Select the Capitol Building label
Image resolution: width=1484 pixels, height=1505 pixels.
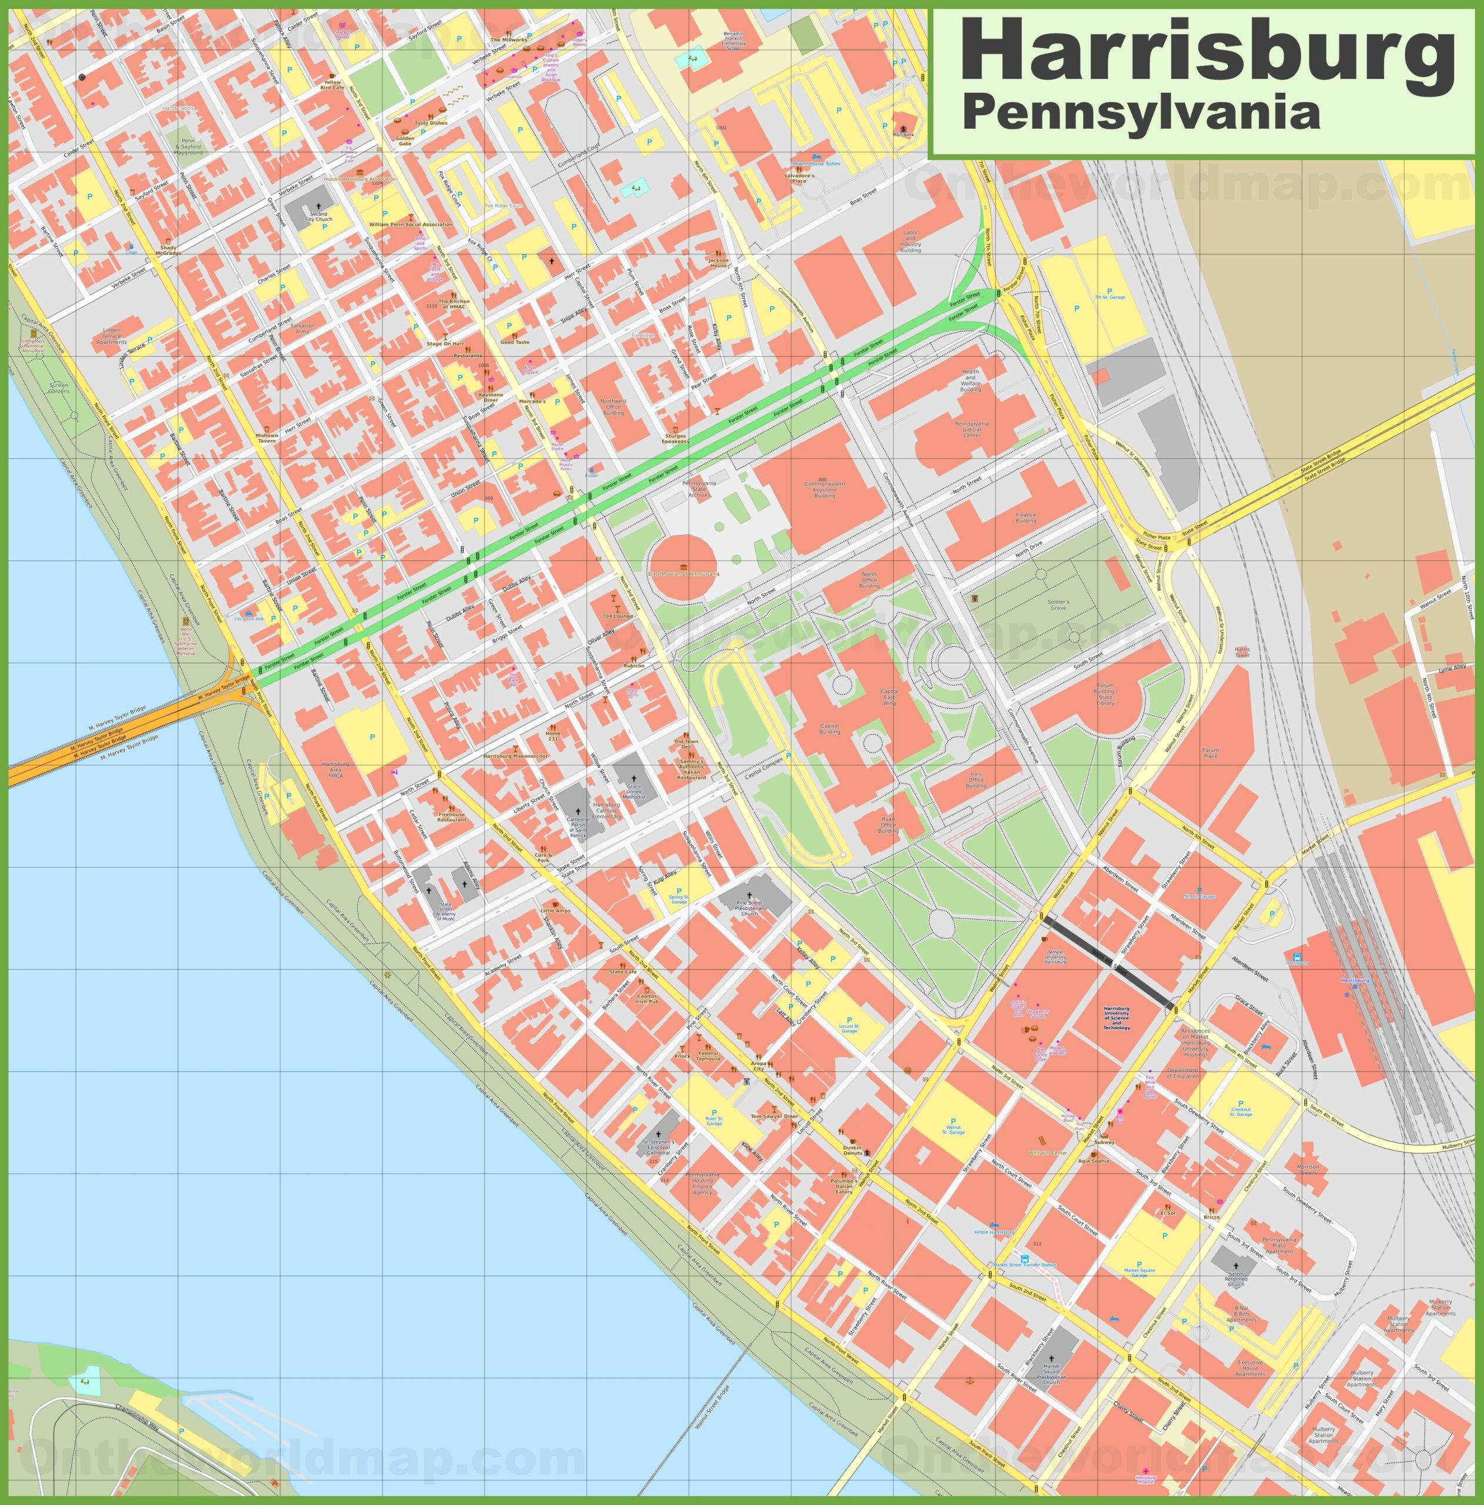point(829,729)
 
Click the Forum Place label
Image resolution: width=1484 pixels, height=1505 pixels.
point(1210,752)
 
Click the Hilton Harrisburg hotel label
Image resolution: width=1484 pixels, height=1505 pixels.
point(994,1232)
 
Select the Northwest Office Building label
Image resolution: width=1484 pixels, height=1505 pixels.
point(613,407)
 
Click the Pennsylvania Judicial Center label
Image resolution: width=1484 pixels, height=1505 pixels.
point(971,429)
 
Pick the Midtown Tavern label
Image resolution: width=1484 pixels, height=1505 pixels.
point(266,438)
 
